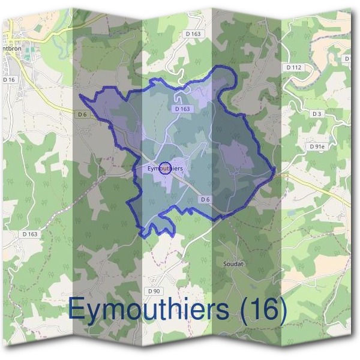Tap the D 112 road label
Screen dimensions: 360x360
pos(293,67)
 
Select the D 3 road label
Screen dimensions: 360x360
pos(317,113)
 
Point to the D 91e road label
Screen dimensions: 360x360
pos(316,146)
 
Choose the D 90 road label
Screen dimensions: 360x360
pos(154,290)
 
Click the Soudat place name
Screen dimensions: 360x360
pos(233,263)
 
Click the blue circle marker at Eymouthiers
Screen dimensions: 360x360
pos(167,168)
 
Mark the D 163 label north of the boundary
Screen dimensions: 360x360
pos(193,34)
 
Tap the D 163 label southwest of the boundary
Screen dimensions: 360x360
pos(29,233)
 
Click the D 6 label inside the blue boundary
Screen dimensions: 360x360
pos(205,199)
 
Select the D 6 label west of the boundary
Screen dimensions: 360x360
pos(83,114)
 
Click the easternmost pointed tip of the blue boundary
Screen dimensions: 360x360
pos(275,172)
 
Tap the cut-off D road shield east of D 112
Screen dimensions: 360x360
pos(347,58)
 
